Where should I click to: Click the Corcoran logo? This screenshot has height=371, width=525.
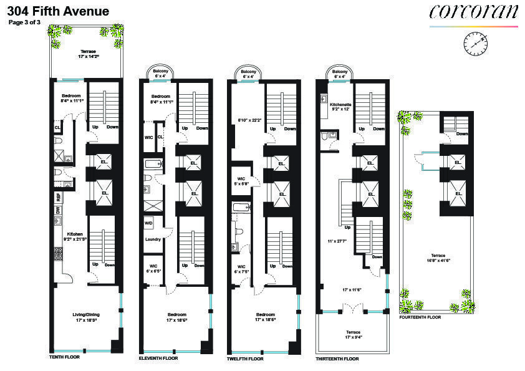473,12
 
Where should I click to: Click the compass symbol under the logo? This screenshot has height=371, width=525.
476,44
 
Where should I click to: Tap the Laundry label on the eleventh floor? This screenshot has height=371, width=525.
153,239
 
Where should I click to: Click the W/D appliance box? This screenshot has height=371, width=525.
148,223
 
